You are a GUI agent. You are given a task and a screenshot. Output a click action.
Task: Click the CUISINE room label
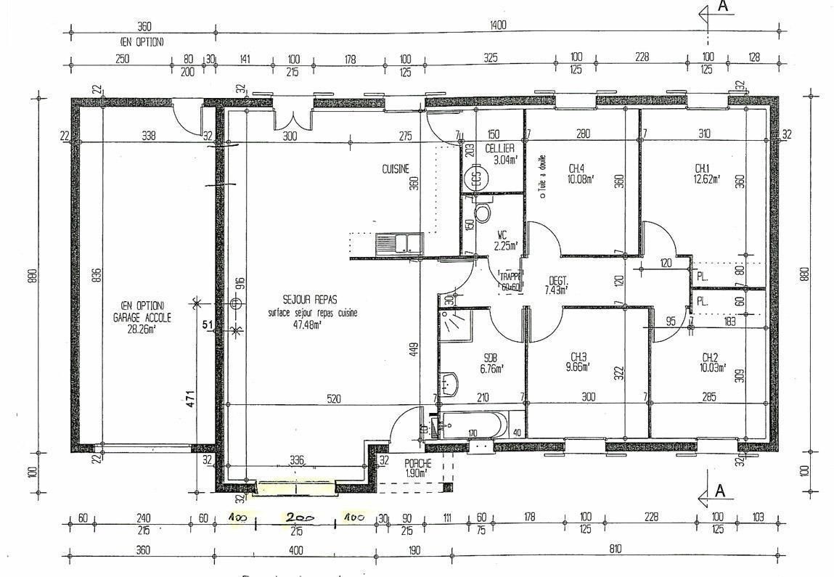pyautogui.click(x=396, y=169)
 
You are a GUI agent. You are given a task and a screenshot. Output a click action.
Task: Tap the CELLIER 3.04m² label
pyautogui.click(x=499, y=154)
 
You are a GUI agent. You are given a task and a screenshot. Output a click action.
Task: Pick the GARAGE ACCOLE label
pyautogui.click(x=142, y=317)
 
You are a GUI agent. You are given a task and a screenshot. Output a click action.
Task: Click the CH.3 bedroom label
pyautogui.click(x=579, y=362)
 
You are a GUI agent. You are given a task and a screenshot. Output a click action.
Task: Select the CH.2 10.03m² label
pyautogui.click(x=711, y=362)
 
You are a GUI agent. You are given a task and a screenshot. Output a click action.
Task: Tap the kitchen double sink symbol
pyautogui.click(x=399, y=242)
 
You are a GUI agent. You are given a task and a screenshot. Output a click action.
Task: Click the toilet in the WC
pyautogui.click(x=482, y=211)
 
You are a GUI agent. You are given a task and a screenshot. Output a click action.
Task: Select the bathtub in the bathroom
pyautogui.click(x=472, y=425)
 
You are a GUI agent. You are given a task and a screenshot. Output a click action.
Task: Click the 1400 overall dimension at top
pyautogui.click(x=497, y=25)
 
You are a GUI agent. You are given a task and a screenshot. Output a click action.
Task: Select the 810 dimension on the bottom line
pyautogui.click(x=616, y=550)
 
